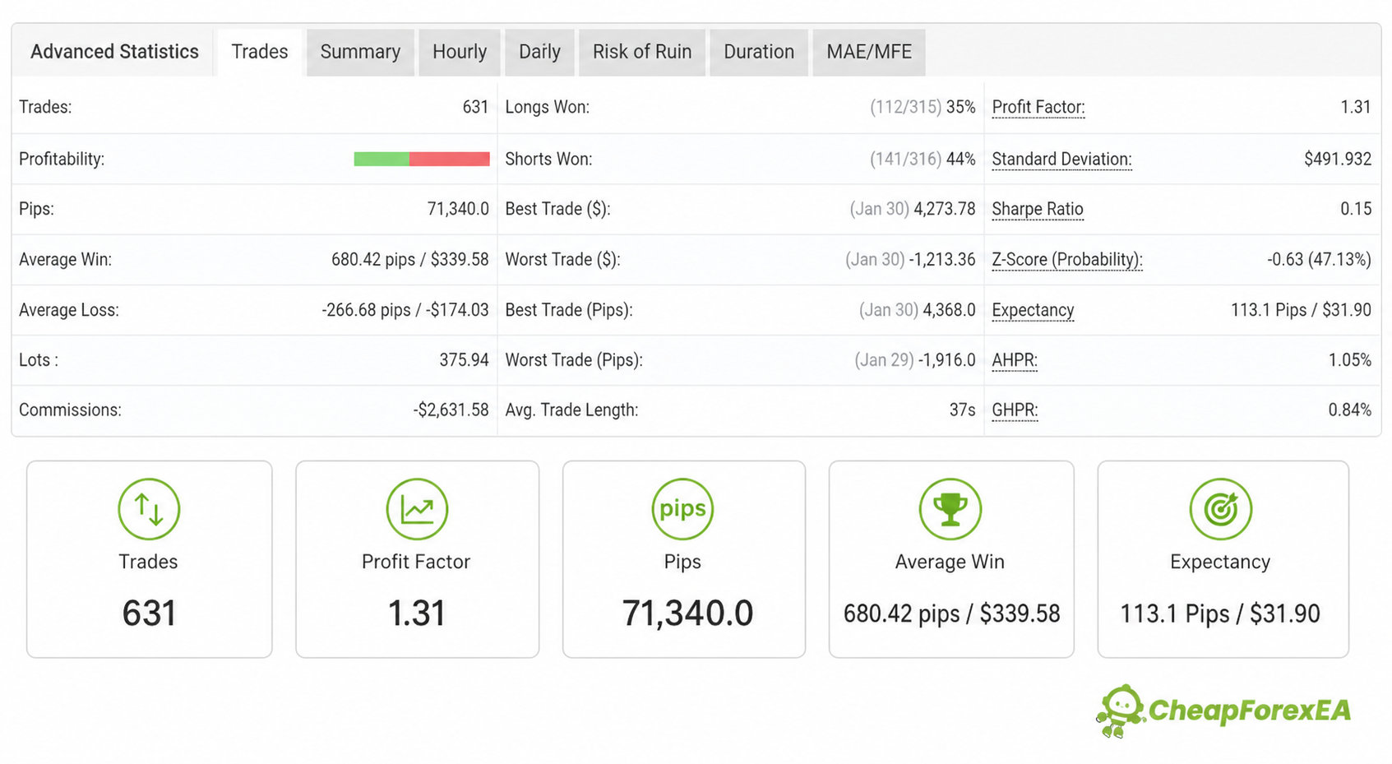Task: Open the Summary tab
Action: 360,52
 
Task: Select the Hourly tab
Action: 460,52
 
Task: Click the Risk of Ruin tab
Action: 642,52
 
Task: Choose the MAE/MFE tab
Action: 869,52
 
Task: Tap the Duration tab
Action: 759,52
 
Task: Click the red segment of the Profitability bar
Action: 449,160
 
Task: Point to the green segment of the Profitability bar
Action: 382,160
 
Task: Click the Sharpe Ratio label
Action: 1037,209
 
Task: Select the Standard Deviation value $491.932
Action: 1337,160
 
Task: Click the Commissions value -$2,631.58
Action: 451,410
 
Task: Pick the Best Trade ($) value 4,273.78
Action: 944,209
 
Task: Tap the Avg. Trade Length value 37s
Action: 962,410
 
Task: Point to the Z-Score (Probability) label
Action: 1067,259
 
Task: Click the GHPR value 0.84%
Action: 1350,410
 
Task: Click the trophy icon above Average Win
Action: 950,509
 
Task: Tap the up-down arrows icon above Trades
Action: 149,509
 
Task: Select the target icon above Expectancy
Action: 1220,509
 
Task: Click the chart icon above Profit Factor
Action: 417,509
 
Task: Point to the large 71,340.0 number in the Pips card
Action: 687,613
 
